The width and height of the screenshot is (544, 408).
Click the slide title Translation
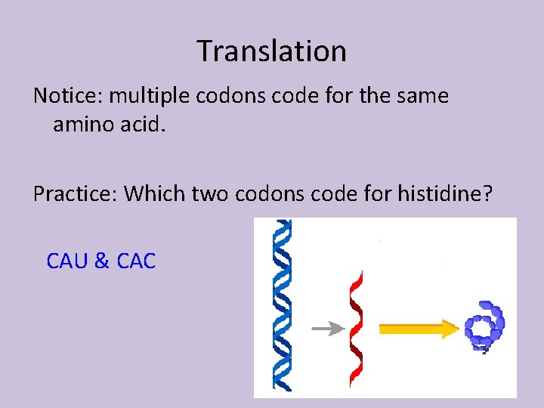(x=272, y=51)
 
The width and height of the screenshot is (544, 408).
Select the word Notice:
(x=70, y=97)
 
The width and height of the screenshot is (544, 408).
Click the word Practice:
(x=76, y=194)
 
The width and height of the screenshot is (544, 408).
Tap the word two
(x=211, y=194)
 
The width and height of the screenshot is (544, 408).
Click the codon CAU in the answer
(x=67, y=261)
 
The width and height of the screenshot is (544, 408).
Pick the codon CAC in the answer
(x=137, y=261)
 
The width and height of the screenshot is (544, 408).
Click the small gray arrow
(x=326, y=329)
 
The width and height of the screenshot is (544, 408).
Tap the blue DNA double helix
(x=283, y=306)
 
